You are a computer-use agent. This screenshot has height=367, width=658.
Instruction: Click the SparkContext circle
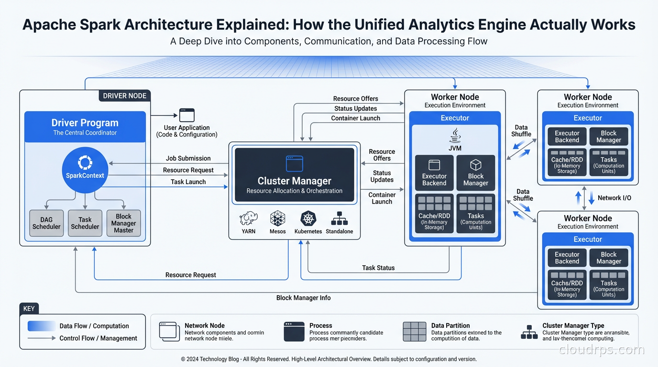[x=85, y=170]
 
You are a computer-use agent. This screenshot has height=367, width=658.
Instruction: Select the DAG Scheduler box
[x=46, y=223]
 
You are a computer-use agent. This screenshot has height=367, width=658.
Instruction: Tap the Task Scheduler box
[x=85, y=223]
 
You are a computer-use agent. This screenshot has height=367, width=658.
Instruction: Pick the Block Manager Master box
[x=123, y=223]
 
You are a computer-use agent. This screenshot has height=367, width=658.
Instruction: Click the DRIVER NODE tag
[x=125, y=96]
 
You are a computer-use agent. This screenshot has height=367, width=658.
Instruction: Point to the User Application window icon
[x=187, y=115]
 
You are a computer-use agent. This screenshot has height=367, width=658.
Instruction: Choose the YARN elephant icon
[x=249, y=218]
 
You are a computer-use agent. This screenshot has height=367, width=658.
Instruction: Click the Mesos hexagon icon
[x=278, y=218]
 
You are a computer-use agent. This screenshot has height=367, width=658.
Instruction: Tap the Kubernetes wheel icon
[x=308, y=218]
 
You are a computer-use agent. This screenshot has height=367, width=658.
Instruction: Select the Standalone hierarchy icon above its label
[x=340, y=218]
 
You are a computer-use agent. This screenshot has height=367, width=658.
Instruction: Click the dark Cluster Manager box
[x=295, y=174]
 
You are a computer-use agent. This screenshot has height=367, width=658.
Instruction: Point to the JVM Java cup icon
[x=455, y=135]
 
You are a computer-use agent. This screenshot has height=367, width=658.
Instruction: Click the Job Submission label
[x=188, y=158]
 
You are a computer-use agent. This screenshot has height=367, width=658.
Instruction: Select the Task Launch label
[x=188, y=182]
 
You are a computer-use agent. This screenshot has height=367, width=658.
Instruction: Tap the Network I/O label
[x=614, y=198]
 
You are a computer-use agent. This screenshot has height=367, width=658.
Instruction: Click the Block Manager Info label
[x=304, y=298]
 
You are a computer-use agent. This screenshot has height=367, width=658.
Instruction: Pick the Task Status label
[x=378, y=268]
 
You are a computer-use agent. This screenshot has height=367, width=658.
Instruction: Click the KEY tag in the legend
[x=29, y=309]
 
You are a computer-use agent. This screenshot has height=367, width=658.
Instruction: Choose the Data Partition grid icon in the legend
[x=415, y=332]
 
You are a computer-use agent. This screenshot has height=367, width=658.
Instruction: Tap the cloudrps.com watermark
[x=602, y=350]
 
